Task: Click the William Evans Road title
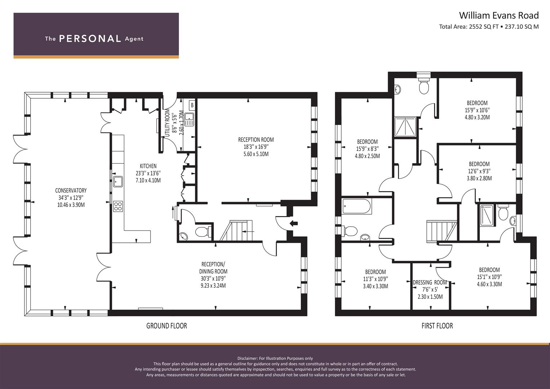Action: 498,15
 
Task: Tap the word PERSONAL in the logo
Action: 90,39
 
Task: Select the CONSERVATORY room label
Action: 71,191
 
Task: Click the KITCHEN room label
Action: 148,166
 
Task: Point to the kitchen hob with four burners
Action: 118,206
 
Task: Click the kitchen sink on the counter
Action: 118,182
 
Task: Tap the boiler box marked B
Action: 192,106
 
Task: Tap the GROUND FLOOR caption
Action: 166,326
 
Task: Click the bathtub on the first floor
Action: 357,206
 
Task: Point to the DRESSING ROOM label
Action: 430,283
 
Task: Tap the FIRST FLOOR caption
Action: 437,326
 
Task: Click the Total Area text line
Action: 489,27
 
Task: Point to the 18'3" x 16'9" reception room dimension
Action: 256,147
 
